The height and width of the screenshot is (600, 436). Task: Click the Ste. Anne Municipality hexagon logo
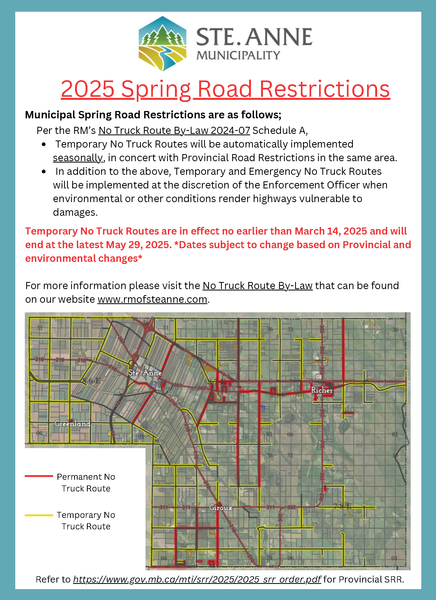point(162,44)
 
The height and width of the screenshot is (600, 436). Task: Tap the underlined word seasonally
point(78,158)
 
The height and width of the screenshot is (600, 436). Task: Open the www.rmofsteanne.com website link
point(152,299)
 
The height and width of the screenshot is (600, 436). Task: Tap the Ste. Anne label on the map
point(145,373)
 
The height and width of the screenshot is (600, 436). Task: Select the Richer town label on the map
point(322,390)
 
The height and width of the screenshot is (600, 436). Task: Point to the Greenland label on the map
point(72,424)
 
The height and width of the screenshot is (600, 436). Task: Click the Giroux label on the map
point(221,508)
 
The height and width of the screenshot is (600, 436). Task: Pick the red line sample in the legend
point(39,476)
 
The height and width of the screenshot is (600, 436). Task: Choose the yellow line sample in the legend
point(39,515)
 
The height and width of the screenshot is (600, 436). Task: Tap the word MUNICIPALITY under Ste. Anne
point(238,55)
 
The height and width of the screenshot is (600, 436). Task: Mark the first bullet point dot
point(44,145)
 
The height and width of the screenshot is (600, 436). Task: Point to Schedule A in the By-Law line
point(280,131)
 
